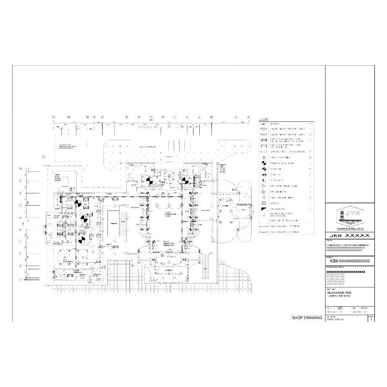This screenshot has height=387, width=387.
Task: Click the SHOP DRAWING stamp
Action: pyautogui.click(x=306, y=318)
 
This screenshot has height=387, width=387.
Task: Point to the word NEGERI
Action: pyautogui.click(x=333, y=261)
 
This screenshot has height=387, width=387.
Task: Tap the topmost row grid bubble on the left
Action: pyautogui.click(x=20, y=168)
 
